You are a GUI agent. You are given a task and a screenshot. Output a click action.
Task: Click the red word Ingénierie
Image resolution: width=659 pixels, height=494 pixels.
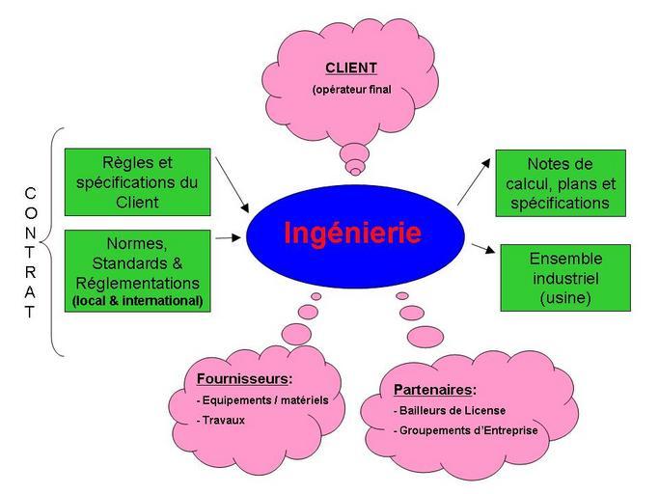pyautogui.click(x=352, y=233)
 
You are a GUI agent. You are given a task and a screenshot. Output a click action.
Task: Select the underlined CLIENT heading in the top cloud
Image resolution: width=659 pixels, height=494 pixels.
pyautogui.click(x=350, y=69)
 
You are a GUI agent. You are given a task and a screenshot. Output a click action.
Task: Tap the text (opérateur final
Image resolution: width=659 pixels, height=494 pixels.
pyautogui.click(x=350, y=91)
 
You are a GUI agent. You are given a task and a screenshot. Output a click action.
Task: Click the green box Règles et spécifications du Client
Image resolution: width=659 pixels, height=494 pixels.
pyautogui.click(x=137, y=181)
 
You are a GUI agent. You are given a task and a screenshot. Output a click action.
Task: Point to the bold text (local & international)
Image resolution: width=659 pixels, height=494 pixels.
pyautogui.click(x=137, y=301)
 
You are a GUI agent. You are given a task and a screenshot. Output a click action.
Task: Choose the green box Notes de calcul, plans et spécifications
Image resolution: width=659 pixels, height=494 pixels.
pyautogui.click(x=561, y=183)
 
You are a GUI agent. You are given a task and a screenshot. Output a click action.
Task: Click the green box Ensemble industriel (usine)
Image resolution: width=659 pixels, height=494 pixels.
pyautogui.click(x=565, y=278)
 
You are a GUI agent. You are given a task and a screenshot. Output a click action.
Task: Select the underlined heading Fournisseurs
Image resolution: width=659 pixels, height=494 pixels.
pyautogui.click(x=244, y=379)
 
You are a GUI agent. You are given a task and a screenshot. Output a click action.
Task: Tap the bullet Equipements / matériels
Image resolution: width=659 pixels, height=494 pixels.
pyautogui.click(x=262, y=399)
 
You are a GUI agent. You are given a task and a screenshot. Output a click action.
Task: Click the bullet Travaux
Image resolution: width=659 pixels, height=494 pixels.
pyautogui.click(x=221, y=420)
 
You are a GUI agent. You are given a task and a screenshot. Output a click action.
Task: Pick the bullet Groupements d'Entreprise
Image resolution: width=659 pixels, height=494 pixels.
pyautogui.click(x=467, y=430)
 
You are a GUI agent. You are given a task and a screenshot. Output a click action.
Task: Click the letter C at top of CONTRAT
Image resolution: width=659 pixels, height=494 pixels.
pyautogui.click(x=30, y=193)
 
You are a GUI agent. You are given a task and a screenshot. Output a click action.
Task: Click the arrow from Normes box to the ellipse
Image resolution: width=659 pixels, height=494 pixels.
pyautogui.click(x=228, y=236)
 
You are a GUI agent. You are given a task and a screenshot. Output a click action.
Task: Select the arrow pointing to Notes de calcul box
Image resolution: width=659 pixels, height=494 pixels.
pyautogui.click(x=474, y=183)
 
